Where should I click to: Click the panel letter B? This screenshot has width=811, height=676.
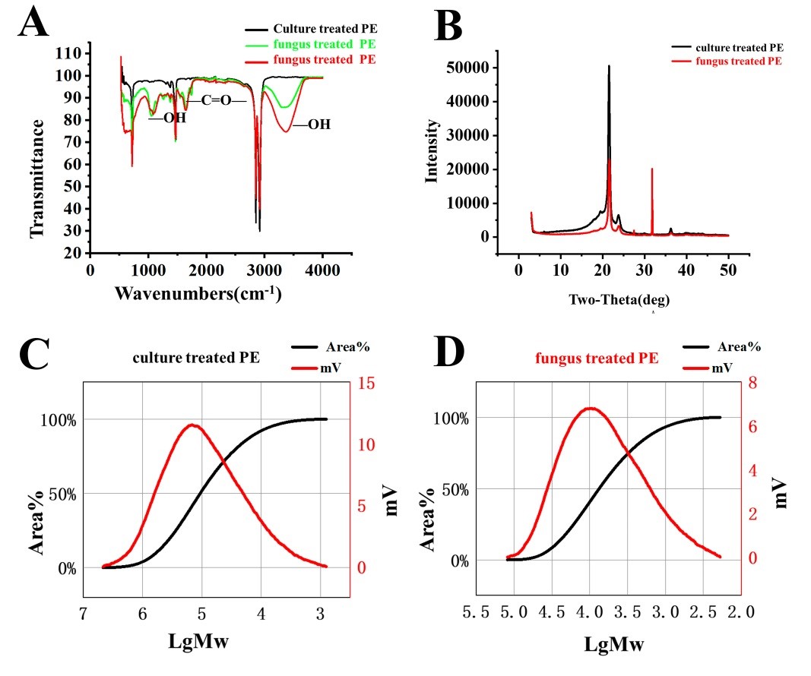[x=448, y=27]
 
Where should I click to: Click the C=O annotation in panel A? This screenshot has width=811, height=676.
[x=216, y=100]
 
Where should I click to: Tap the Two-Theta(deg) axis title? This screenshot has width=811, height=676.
[x=619, y=300]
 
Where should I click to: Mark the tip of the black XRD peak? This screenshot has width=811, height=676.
[x=609, y=66]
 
